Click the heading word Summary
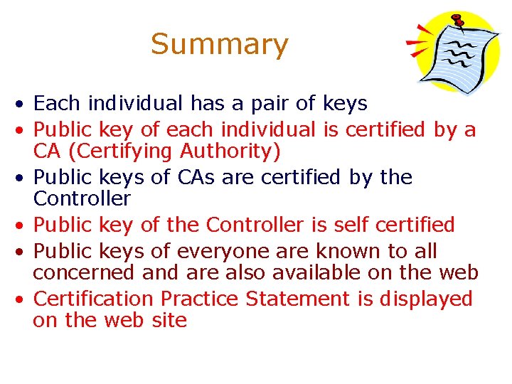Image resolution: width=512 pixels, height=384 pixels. tap(220, 44)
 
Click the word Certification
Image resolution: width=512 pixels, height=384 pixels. tap(93, 299)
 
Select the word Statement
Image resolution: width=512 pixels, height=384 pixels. tap(298, 299)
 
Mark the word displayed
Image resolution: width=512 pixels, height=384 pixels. tap(426, 299)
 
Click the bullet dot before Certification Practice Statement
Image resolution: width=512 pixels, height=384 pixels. tap(23, 299)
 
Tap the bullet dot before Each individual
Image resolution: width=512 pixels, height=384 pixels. tap(23, 105)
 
